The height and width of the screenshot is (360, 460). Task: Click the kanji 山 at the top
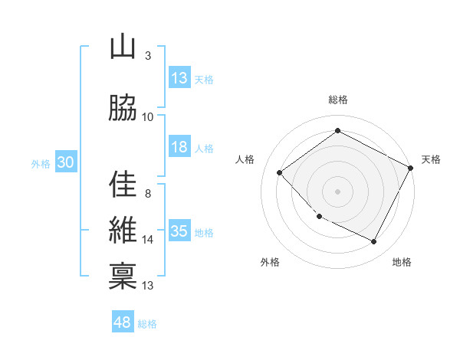coord(123,47)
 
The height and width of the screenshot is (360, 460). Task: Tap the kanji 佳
coord(123,184)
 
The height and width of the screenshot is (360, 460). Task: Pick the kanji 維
coord(123,231)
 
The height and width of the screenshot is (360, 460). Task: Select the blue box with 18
coord(179,148)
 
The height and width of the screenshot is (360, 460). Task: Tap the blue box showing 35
coord(179,232)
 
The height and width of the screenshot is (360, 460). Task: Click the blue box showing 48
coord(123,322)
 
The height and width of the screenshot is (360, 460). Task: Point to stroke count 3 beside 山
coord(148,56)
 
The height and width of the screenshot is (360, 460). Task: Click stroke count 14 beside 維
coord(148,240)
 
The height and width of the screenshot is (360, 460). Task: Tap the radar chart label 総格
coord(338,100)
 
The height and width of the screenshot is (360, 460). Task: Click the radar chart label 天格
coord(431,159)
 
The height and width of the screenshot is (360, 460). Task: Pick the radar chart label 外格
coord(270,263)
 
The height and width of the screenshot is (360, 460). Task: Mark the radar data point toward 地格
coord(373,242)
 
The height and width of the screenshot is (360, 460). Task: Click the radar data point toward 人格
coord(280,173)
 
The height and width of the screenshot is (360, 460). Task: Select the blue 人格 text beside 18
coord(204,149)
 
